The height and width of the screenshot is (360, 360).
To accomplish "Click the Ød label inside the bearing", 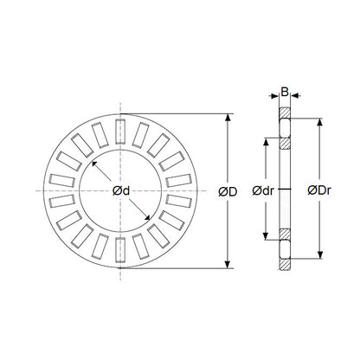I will pos(120,191).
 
